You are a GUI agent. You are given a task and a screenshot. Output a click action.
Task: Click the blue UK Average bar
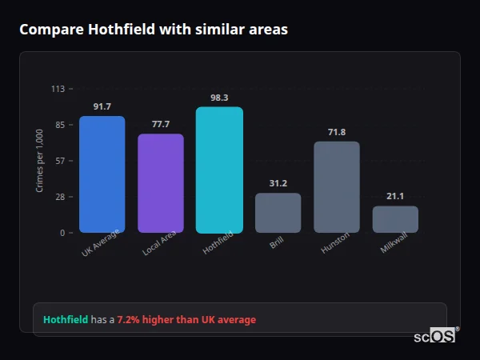(x=102, y=174)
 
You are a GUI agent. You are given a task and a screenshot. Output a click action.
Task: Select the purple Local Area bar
(x=161, y=183)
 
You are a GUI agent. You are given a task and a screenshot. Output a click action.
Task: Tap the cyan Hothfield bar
(x=219, y=170)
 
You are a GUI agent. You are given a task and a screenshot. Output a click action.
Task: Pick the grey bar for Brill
(x=278, y=213)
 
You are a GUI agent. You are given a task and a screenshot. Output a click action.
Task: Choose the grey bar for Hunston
(x=336, y=187)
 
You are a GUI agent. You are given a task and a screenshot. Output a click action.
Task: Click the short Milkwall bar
(x=395, y=219)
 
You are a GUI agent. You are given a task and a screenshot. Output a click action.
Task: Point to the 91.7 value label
(x=102, y=107)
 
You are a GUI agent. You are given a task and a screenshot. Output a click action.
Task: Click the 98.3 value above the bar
(x=219, y=98)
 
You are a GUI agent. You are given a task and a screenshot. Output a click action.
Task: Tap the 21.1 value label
(x=395, y=196)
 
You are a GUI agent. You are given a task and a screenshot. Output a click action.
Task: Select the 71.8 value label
(x=336, y=132)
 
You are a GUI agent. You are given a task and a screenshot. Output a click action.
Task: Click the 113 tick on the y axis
(x=58, y=89)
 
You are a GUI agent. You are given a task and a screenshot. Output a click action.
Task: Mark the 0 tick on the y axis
(x=62, y=233)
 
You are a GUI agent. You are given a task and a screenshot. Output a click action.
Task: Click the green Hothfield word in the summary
(x=66, y=320)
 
